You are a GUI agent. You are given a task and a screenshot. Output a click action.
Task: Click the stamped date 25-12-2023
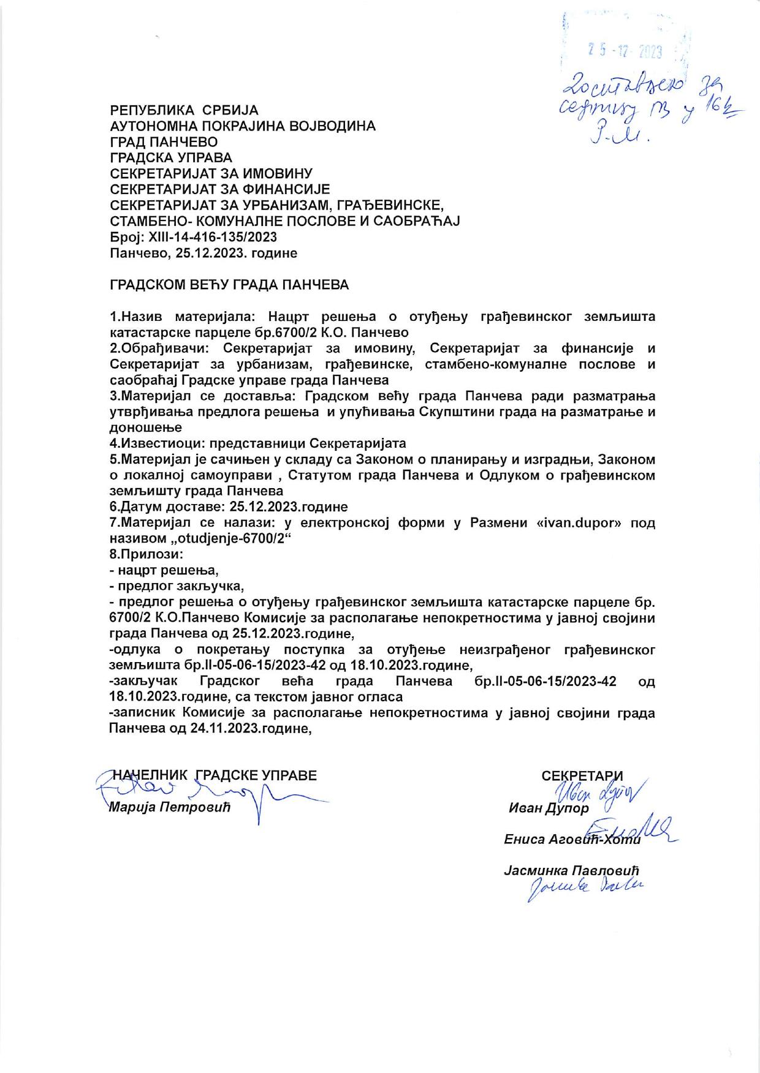[x=625, y=51]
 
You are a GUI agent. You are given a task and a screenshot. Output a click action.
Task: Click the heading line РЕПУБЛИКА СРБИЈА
[x=184, y=110]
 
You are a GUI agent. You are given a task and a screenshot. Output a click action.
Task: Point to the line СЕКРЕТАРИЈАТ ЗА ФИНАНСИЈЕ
[x=219, y=189]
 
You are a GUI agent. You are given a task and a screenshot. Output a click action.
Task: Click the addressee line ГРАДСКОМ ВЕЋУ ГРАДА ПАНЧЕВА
[x=229, y=285]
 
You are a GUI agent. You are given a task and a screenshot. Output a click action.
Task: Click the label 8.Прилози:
[x=146, y=555]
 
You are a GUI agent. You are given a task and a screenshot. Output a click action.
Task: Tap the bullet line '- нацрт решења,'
[x=164, y=571]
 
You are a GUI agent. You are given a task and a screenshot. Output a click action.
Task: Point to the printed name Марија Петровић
[x=169, y=807]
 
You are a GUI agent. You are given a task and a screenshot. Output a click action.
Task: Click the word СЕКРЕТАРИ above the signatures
[x=582, y=776]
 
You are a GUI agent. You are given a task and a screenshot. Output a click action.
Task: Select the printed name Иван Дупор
[x=549, y=808]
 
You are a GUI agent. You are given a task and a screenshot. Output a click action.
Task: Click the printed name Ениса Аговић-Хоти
[x=571, y=839]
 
